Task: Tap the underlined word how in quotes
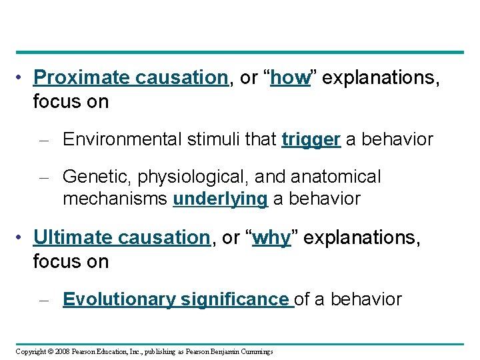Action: pyautogui.click(x=291, y=78)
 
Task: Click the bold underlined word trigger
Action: pyautogui.click(x=311, y=140)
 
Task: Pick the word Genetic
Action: pyautogui.click(x=93, y=177)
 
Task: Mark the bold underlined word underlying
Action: pyautogui.click(x=220, y=199)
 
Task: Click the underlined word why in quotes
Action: pyautogui.click(x=271, y=238)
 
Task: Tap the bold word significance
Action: pyautogui.click(x=234, y=299)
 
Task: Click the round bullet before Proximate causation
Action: pyautogui.click(x=22, y=78)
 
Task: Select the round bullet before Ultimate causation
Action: pyautogui.click(x=22, y=237)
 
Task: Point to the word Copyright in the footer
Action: pyautogui.click(x=31, y=351)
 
